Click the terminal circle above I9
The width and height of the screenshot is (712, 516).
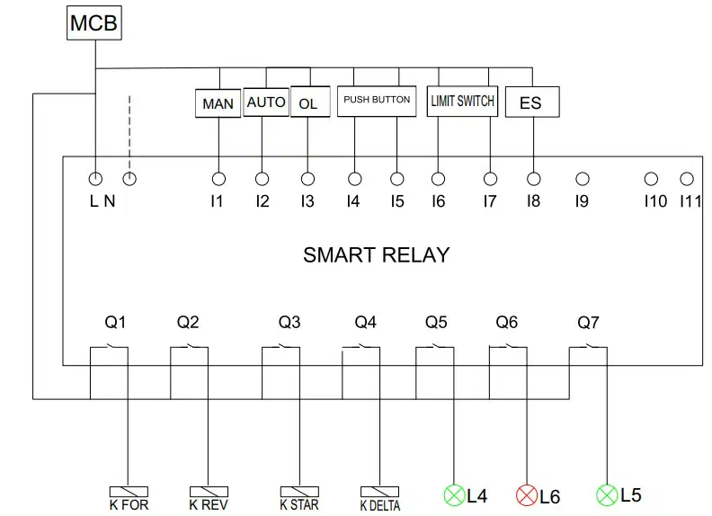click(583, 179)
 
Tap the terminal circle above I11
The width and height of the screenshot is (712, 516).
click(687, 179)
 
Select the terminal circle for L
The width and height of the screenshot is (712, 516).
click(95, 179)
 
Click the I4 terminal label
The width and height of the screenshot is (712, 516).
click(353, 201)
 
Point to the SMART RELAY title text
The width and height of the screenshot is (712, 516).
click(377, 254)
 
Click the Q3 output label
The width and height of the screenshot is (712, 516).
click(289, 322)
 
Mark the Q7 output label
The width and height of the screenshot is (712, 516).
click(588, 323)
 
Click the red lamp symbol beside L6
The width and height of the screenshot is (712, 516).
click(527, 495)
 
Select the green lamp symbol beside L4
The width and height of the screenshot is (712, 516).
click(454, 495)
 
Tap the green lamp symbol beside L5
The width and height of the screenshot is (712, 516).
click(607, 495)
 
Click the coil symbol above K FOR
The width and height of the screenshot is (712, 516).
click(129, 492)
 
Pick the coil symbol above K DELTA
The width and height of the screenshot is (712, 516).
click(379, 492)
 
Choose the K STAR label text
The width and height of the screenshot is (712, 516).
click(299, 504)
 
